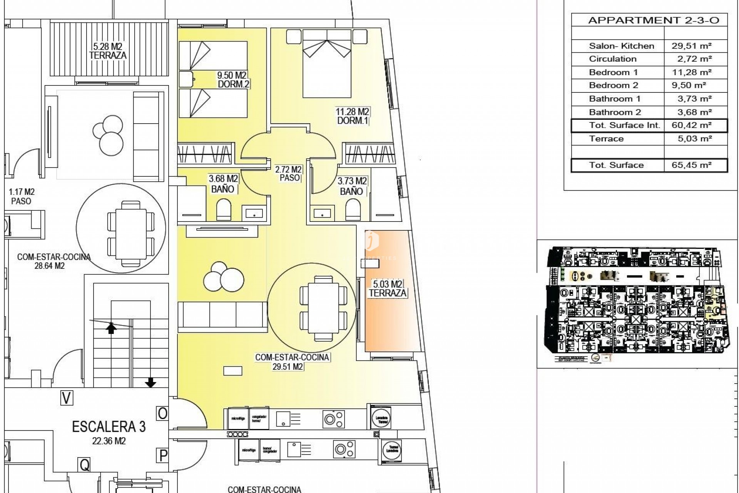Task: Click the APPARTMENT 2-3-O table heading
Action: click(654, 20)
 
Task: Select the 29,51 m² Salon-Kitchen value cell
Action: click(692, 46)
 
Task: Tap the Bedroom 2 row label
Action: click(614, 86)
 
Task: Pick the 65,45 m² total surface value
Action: click(692, 165)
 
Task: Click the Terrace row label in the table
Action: click(606, 139)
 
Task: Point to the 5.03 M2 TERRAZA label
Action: click(388, 289)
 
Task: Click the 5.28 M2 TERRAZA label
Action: click(108, 51)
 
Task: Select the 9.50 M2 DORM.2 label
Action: click(232, 79)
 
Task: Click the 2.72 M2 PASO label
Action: click(289, 174)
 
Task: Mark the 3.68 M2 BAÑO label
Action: click(223, 184)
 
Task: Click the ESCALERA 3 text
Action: click(109, 426)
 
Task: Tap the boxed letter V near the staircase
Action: click(67, 398)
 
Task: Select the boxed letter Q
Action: click(85, 465)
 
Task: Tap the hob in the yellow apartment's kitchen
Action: click(333, 419)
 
